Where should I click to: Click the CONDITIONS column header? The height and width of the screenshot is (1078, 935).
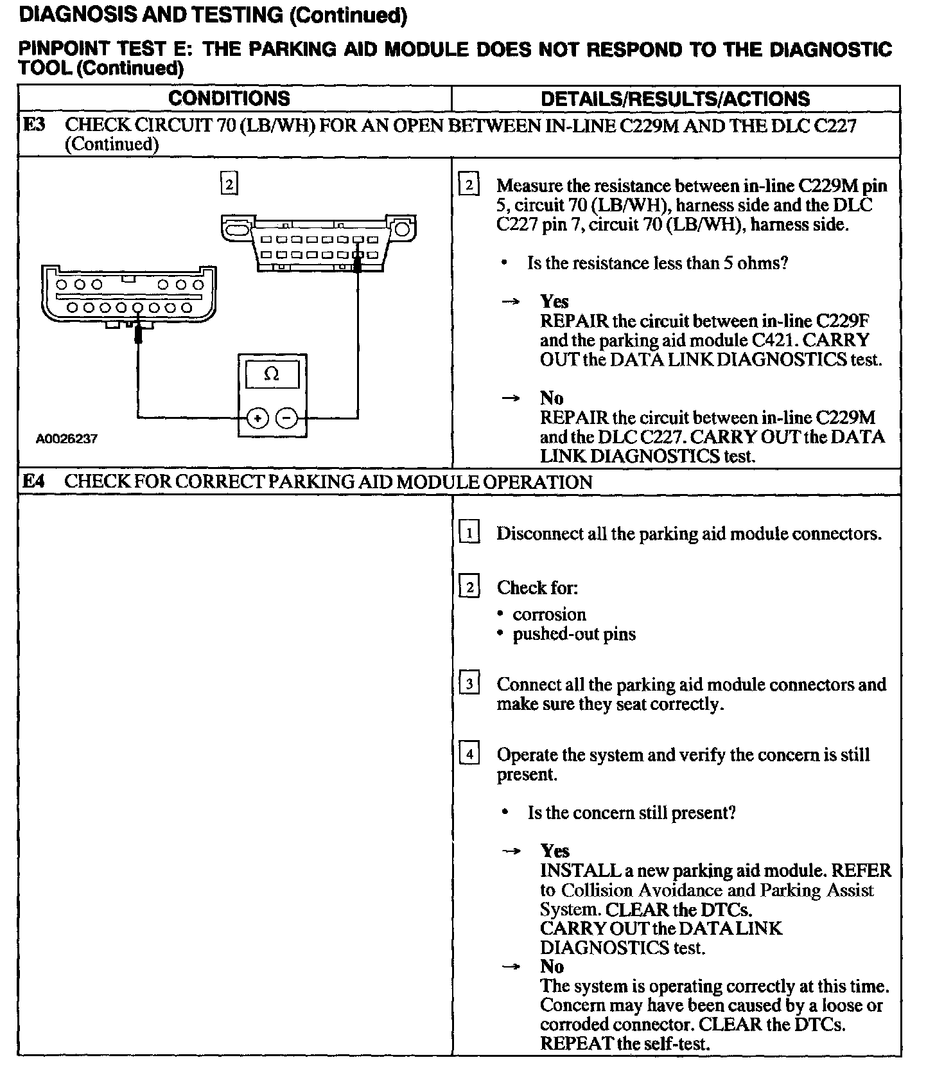point(229,98)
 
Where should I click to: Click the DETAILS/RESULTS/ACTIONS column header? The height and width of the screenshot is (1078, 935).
point(675,98)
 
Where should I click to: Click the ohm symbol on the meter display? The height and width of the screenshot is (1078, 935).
point(272,374)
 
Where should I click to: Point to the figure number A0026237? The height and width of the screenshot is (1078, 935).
point(67,439)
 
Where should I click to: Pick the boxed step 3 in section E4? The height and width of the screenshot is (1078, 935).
point(469,684)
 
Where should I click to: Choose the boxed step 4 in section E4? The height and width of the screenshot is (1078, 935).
point(469,754)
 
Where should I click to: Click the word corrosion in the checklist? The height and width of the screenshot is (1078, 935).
point(549,614)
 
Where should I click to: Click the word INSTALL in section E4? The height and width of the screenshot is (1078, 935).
point(579,870)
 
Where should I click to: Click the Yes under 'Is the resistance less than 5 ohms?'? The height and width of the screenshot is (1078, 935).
point(554,301)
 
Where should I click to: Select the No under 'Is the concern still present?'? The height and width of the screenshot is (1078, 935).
point(552,966)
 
